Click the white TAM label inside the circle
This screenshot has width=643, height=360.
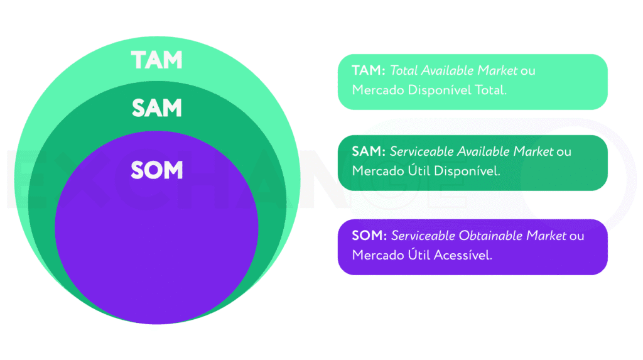(x=156, y=60)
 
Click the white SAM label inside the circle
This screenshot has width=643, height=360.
(x=156, y=108)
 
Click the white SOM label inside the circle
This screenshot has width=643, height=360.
(x=156, y=170)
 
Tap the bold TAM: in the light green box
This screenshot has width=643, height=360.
(x=369, y=71)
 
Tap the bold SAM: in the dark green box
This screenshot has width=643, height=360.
(x=369, y=151)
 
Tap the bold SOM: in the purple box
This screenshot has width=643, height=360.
(x=369, y=236)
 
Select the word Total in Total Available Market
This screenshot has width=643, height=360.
(x=404, y=71)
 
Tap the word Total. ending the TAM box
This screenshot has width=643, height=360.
(x=490, y=90)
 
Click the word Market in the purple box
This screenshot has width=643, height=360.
(x=546, y=236)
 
